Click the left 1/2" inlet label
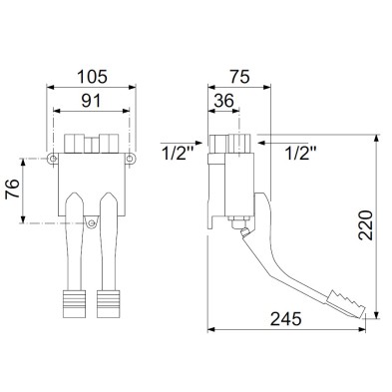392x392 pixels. [178, 154]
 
